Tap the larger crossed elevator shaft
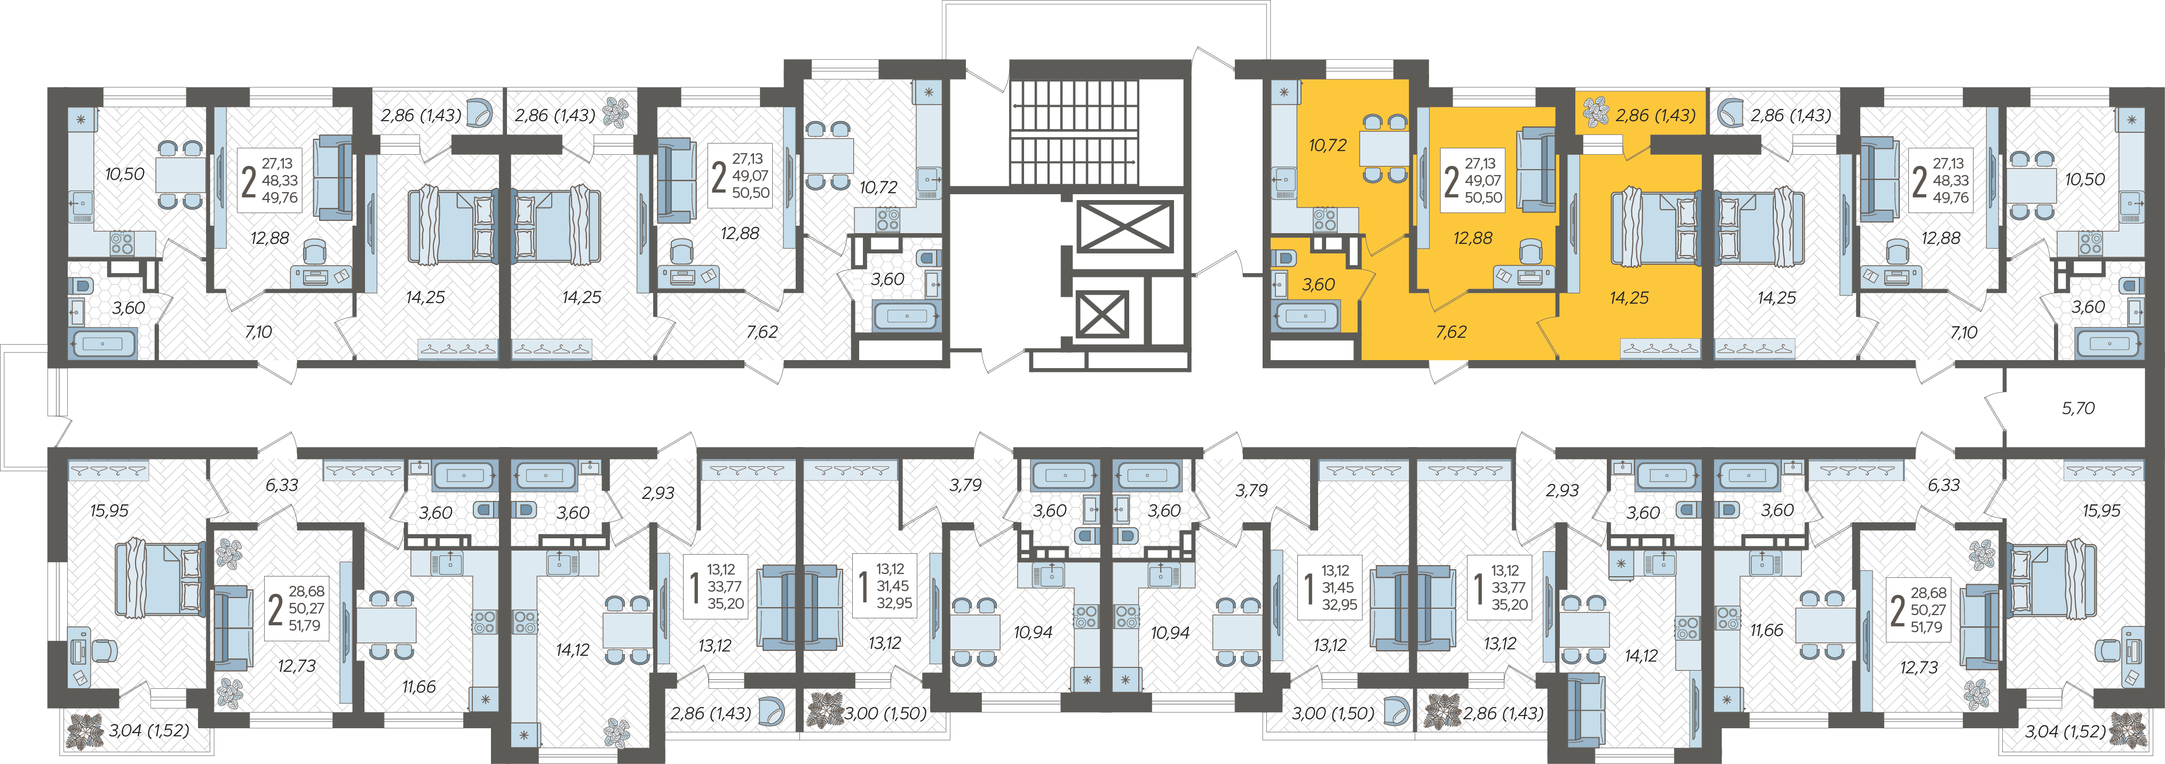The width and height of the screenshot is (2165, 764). pos(1124,226)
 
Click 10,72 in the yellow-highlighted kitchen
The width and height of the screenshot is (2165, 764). pos(1327,146)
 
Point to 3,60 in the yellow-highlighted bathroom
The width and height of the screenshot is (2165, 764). pos(1318,285)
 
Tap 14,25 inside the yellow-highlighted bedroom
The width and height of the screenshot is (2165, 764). pos(1629,298)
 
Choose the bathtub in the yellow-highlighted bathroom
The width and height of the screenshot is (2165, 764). pos(1305,317)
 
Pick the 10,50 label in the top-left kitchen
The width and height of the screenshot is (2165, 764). pos(124,174)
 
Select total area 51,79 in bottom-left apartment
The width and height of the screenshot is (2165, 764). pos(304,625)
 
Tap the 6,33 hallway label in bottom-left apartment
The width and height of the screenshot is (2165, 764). pos(282,485)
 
